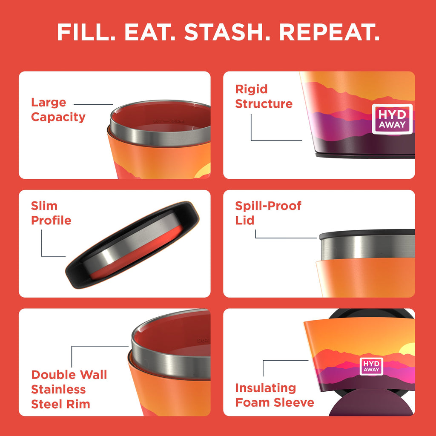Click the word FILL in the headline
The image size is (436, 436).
pos(86,33)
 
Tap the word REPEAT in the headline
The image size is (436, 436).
pos(330,33)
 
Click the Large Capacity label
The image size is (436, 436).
pos(58,109)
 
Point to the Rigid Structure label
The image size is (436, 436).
pos(264,97)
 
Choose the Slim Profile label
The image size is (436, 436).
pos(51,213)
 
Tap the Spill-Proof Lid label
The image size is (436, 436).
pos(268,213)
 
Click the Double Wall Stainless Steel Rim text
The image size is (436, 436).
pos(69,389)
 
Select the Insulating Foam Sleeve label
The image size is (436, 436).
pos(275,395)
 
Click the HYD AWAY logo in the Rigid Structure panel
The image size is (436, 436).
pos(392,119)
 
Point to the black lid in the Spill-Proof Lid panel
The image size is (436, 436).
pos(366,234)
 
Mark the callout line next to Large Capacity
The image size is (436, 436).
pos(93,104)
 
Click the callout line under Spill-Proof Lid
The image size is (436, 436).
pos(285,237)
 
